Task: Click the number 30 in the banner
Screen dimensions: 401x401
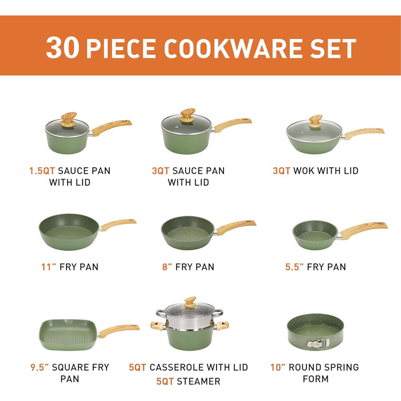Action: point(62,48)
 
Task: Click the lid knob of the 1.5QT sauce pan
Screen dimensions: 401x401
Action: point(68,119)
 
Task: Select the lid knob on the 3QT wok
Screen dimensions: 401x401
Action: point(315,121)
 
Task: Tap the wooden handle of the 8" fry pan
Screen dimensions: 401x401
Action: point(236,227)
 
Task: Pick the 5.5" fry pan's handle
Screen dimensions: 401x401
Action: point(364,230)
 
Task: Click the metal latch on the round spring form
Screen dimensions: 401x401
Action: point(318,343)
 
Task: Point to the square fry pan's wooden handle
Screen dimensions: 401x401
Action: point(119,331)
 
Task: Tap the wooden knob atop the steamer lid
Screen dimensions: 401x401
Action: point(190,302)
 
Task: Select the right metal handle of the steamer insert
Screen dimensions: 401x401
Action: point(218,313)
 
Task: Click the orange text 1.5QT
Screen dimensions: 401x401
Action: point(42,171)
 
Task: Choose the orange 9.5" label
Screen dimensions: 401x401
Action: point(40,367)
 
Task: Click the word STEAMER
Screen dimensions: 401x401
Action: point(198,382)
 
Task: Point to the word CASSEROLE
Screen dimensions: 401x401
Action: point(176,367)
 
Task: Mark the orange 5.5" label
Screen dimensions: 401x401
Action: point(294,267)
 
